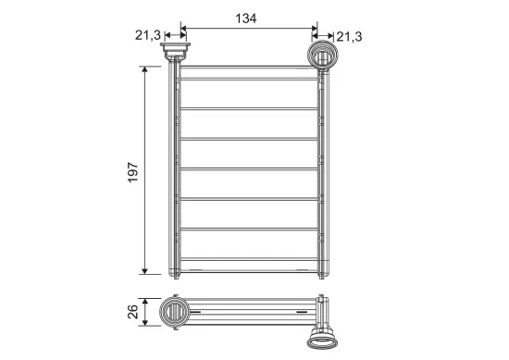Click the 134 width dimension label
click(x=246, y=19)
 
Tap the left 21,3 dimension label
click(x=148, y=35)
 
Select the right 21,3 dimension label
click(x=349, y=37)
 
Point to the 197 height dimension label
click(x=132, y=172)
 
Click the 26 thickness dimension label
click(x=132, y=312)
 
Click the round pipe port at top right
click(x=323, y=55)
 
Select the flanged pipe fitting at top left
click(x=175, y=51)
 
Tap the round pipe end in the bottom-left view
click(x=174, y=312)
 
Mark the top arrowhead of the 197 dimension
click(x=144, y=69)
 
